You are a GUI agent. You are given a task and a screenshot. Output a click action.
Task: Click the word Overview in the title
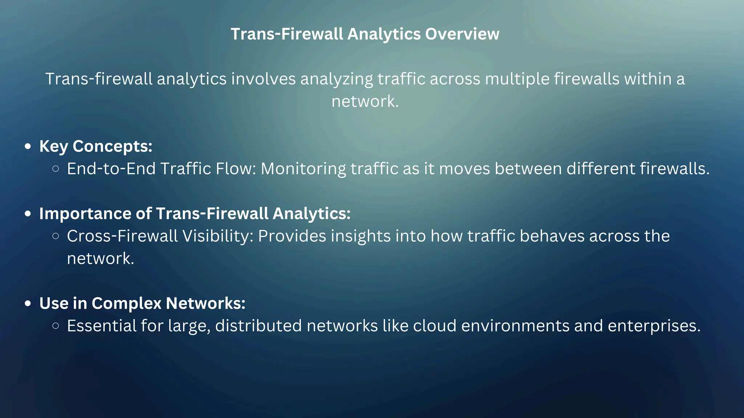tap(462, 34)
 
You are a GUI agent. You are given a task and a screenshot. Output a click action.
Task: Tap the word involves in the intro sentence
tap(263, 79)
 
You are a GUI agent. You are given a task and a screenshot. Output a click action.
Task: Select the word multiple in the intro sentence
tap(517, 79)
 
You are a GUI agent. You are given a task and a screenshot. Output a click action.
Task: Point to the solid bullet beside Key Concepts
tap(28, 147)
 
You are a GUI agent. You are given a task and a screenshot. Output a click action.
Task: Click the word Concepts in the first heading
tap(112, 147)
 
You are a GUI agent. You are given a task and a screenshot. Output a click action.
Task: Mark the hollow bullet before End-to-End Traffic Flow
tap(56, 169)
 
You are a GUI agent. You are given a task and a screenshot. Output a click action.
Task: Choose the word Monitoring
tap(303, 169)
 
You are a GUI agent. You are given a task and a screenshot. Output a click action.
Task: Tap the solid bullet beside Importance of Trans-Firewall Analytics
tap(28, 214)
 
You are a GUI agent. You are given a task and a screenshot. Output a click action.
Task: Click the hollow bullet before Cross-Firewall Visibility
tap(56, 236)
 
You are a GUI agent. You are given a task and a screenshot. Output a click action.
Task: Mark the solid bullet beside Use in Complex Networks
tap(28, 304)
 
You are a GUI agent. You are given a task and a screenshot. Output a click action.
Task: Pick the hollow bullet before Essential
tap(56, 326)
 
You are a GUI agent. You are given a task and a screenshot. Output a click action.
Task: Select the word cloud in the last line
tap(434, 326)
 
